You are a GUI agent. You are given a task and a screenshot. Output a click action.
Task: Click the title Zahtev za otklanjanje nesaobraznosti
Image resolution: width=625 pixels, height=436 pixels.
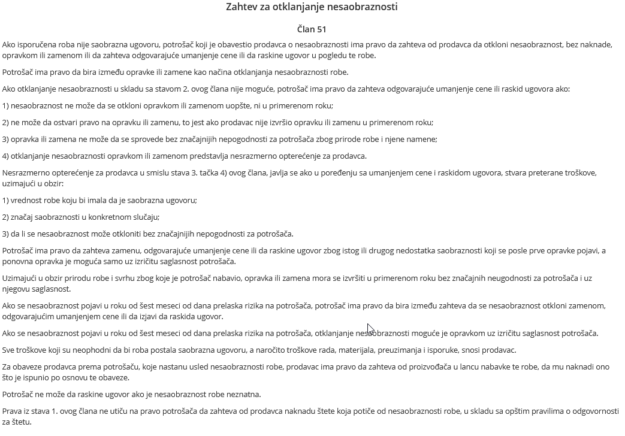tap(312, 7)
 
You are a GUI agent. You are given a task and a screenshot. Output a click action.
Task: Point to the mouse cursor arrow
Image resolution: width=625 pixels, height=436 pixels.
tap(370, 329)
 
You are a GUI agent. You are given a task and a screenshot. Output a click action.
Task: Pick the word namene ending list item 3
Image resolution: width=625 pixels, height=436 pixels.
tap(422, 140)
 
